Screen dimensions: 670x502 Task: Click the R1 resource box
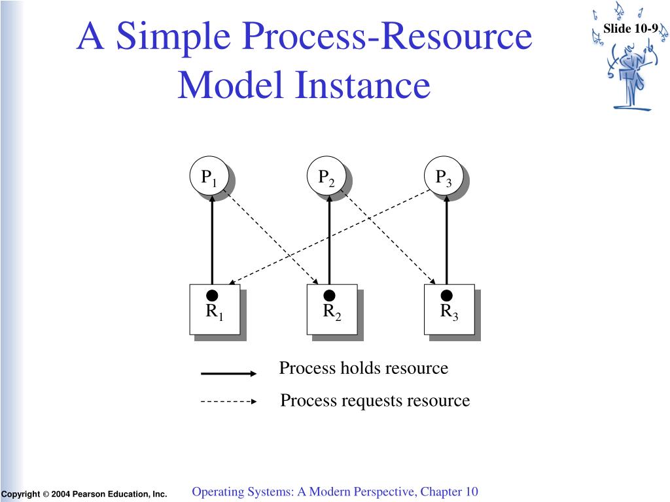click(215, 309)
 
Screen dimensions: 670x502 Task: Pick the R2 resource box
click(332, 309)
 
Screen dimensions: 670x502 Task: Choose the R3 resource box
click(449, 309)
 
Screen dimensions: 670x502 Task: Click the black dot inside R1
click(212, 295)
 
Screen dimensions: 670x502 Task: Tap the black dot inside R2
click(329, 295)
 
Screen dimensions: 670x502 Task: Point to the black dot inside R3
click(446, 295)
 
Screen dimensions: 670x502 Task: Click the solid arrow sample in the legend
click(228, 373)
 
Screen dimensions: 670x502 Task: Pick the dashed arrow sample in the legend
click(228, 401)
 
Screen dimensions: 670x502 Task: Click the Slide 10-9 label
click(630, 29)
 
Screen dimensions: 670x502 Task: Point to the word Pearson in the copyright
click(88, 494)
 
